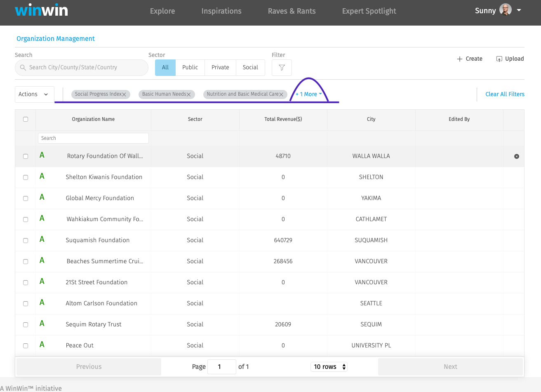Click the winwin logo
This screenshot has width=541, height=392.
click(x=41, y=10)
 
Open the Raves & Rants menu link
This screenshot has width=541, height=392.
click(x=292, y=11)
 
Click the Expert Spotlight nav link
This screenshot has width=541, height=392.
click(x=369, y=11)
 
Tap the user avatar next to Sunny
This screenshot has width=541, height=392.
click(x=505, y=10)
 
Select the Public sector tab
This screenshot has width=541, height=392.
click(x=190, y=68)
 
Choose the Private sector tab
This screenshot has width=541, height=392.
click(x=220, y=68)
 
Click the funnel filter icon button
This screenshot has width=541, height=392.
click(x=282, y=68)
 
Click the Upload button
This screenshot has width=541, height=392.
click(x=510, y=59)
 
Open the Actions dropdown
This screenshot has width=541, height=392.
click(x=34, y=94)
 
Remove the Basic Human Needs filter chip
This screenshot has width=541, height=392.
click(x=189, y=94)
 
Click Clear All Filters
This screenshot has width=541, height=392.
click(x=505, y=94)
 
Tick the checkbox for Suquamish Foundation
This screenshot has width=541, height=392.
click(x=26, y=241)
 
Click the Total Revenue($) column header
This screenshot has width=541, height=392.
click(x=283, y=119)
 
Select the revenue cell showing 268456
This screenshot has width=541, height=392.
click(x=283, y=261)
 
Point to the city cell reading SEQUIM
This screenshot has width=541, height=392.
click(x=371, y=324)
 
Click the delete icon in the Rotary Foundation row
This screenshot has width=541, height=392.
click(x=517, y=156)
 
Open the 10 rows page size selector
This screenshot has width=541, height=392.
click(x=329, y=367)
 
